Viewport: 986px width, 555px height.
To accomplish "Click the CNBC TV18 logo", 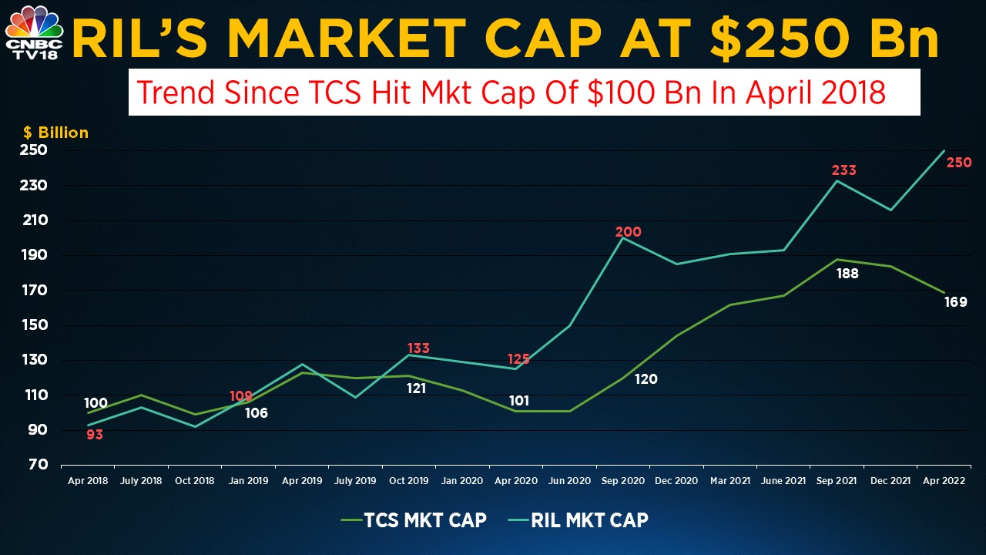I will click(x=34, y=32).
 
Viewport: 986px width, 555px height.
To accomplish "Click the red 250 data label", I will click(x=959, y=163).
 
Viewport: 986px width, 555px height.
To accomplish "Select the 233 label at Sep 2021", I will click(x=843, y=170).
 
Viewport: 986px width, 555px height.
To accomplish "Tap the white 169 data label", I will click(x=955, y=302).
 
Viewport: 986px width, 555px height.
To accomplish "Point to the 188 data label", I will click(x=847, y=273).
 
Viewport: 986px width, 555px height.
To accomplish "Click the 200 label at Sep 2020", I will click(x=628, y=232).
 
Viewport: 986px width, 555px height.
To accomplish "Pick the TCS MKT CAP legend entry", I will click(x=414, y=520).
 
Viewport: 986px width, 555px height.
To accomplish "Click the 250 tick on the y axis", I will click(x=33, y=150).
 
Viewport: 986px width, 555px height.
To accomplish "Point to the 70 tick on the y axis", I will click(x=39, y=465).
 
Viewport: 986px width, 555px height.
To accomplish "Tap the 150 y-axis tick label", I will click(x=33, y=325).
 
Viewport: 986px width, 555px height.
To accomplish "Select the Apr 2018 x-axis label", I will click(x=88, y=481).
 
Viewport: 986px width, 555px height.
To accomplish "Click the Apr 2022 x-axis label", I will click(x=945, y=481).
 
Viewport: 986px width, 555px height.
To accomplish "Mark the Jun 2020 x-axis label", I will click(x=570, y=481).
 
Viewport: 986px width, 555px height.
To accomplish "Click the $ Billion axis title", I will click(x=62, y=133).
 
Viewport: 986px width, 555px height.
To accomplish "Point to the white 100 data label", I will click(x=96, y=403).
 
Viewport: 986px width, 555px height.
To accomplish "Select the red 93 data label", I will click(x=95, y=435).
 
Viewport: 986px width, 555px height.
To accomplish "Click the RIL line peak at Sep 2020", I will click(x=622, y=237).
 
